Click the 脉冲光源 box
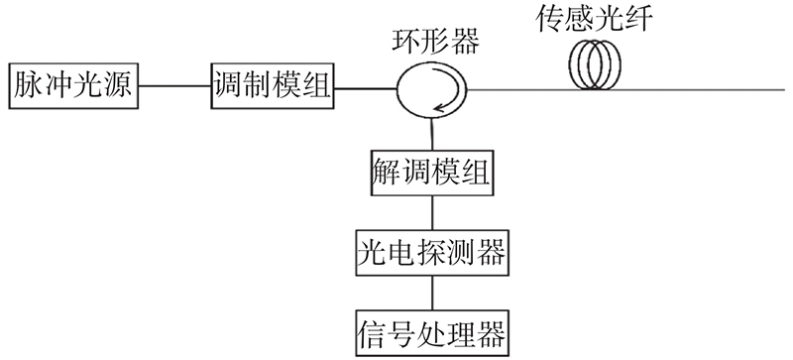click(73, 86)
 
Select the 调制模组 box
click(272, 86)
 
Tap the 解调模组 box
click(432, 173)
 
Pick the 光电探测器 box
click(432, 253)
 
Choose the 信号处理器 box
click(432, 333)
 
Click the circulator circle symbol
click(397, 90)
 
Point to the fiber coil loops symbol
click(595, 64)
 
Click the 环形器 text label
click(436, 43)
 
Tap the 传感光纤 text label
click(594, 19)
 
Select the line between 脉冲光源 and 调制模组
click(174, 86)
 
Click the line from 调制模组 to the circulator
click(365, 89)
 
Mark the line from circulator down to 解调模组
click(432, 135)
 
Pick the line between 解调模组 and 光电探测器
click(432, 212)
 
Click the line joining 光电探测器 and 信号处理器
click(432, 294)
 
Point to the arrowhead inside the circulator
click(438, 107)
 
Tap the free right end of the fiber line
click(785, 90)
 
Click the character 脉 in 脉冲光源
click(28, 85)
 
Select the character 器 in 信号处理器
click(491, 333)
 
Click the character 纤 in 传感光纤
click(638, 19)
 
